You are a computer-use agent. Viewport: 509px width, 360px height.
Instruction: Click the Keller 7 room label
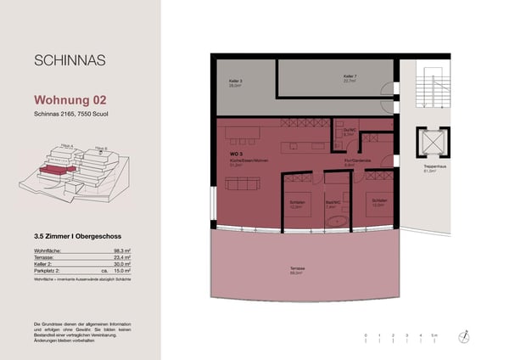pyautogui.click(x=350, y=77)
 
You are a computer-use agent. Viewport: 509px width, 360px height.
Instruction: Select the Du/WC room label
pyautogui.click(x=348, y=131)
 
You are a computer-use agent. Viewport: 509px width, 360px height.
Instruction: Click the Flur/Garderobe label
pyautogui.click(x=355, y=161)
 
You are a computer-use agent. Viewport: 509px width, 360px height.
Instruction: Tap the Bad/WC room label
pyautogui.click(x=333, y=203)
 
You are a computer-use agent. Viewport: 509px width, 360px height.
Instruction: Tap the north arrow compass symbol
pyautogui.click(x=464, y=337)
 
